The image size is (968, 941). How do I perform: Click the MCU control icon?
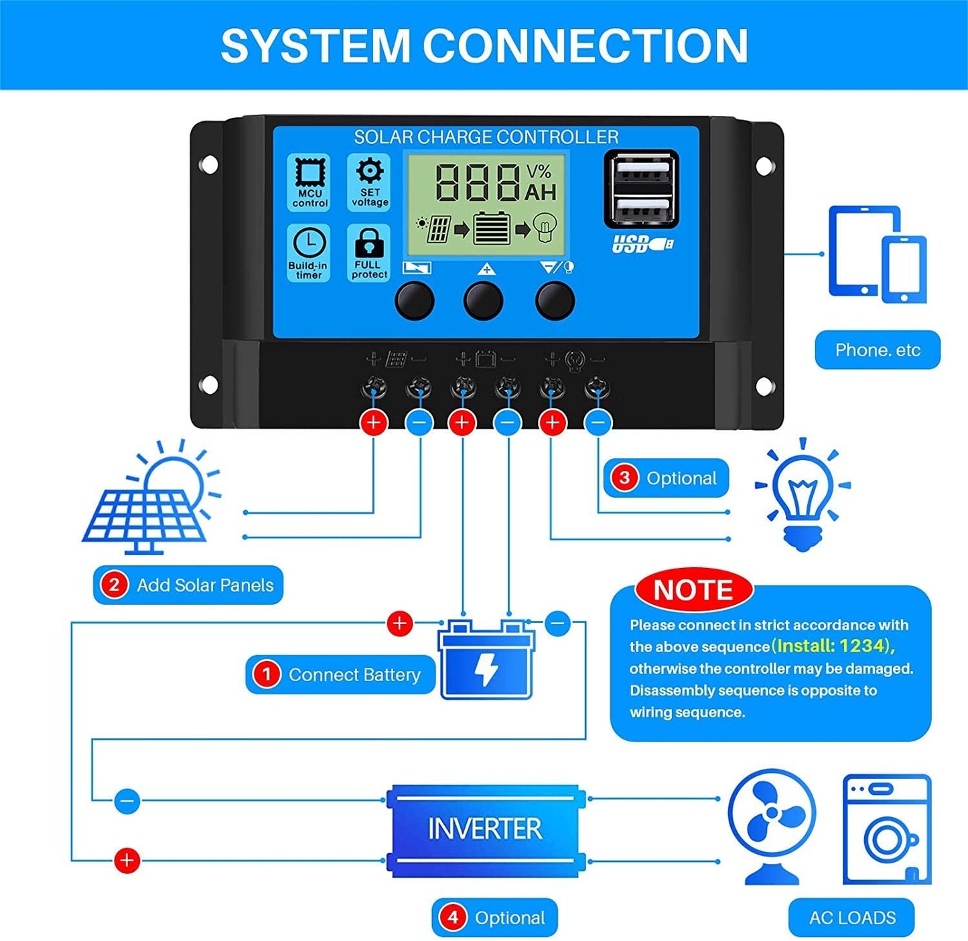309,173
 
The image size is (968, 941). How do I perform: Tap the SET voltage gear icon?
370,171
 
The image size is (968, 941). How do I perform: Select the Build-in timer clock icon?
309,242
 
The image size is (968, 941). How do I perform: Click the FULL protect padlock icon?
369,242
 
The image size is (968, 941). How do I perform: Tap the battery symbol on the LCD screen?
492,229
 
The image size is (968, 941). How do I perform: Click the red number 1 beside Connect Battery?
267,674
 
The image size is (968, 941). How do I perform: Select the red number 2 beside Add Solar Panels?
114,585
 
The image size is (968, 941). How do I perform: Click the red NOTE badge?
693,590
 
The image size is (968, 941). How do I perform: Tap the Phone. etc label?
877,350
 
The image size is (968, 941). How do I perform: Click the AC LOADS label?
851,917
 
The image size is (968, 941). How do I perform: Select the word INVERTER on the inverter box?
484,829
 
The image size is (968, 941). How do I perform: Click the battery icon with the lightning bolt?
486,660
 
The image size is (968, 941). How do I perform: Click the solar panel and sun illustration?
151,499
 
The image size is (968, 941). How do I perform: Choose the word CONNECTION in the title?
585,46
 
